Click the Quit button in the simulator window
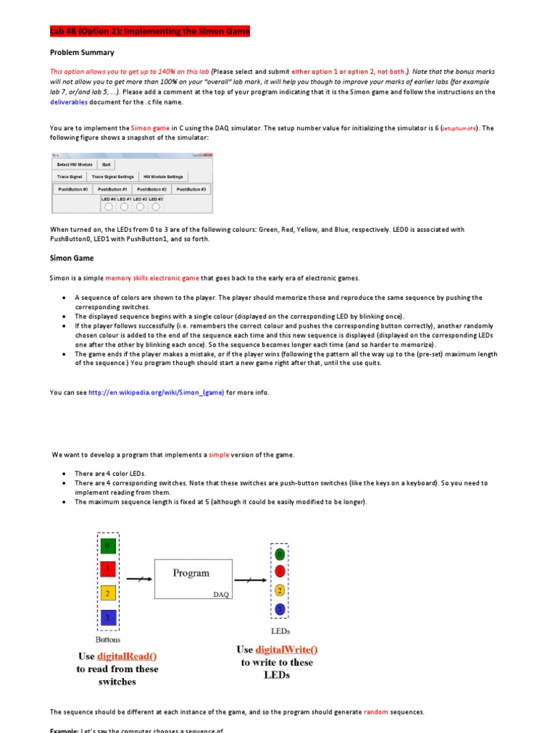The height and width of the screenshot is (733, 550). (106, 164)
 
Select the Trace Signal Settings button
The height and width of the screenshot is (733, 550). (112, 176)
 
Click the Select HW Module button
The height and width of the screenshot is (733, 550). (74, 164)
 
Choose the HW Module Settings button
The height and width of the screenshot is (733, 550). (163, 176)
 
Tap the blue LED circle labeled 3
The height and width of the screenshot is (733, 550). (280, 608)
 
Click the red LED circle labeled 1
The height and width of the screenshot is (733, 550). (280, 571)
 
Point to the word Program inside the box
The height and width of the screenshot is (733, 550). (191, 573)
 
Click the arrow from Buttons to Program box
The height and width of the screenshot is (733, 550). (140, 578)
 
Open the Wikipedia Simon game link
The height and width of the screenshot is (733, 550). (156, 392)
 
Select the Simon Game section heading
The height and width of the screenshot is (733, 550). (72, 258)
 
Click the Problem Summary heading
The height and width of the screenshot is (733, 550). (82, 52)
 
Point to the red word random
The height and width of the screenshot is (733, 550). (375, 712)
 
